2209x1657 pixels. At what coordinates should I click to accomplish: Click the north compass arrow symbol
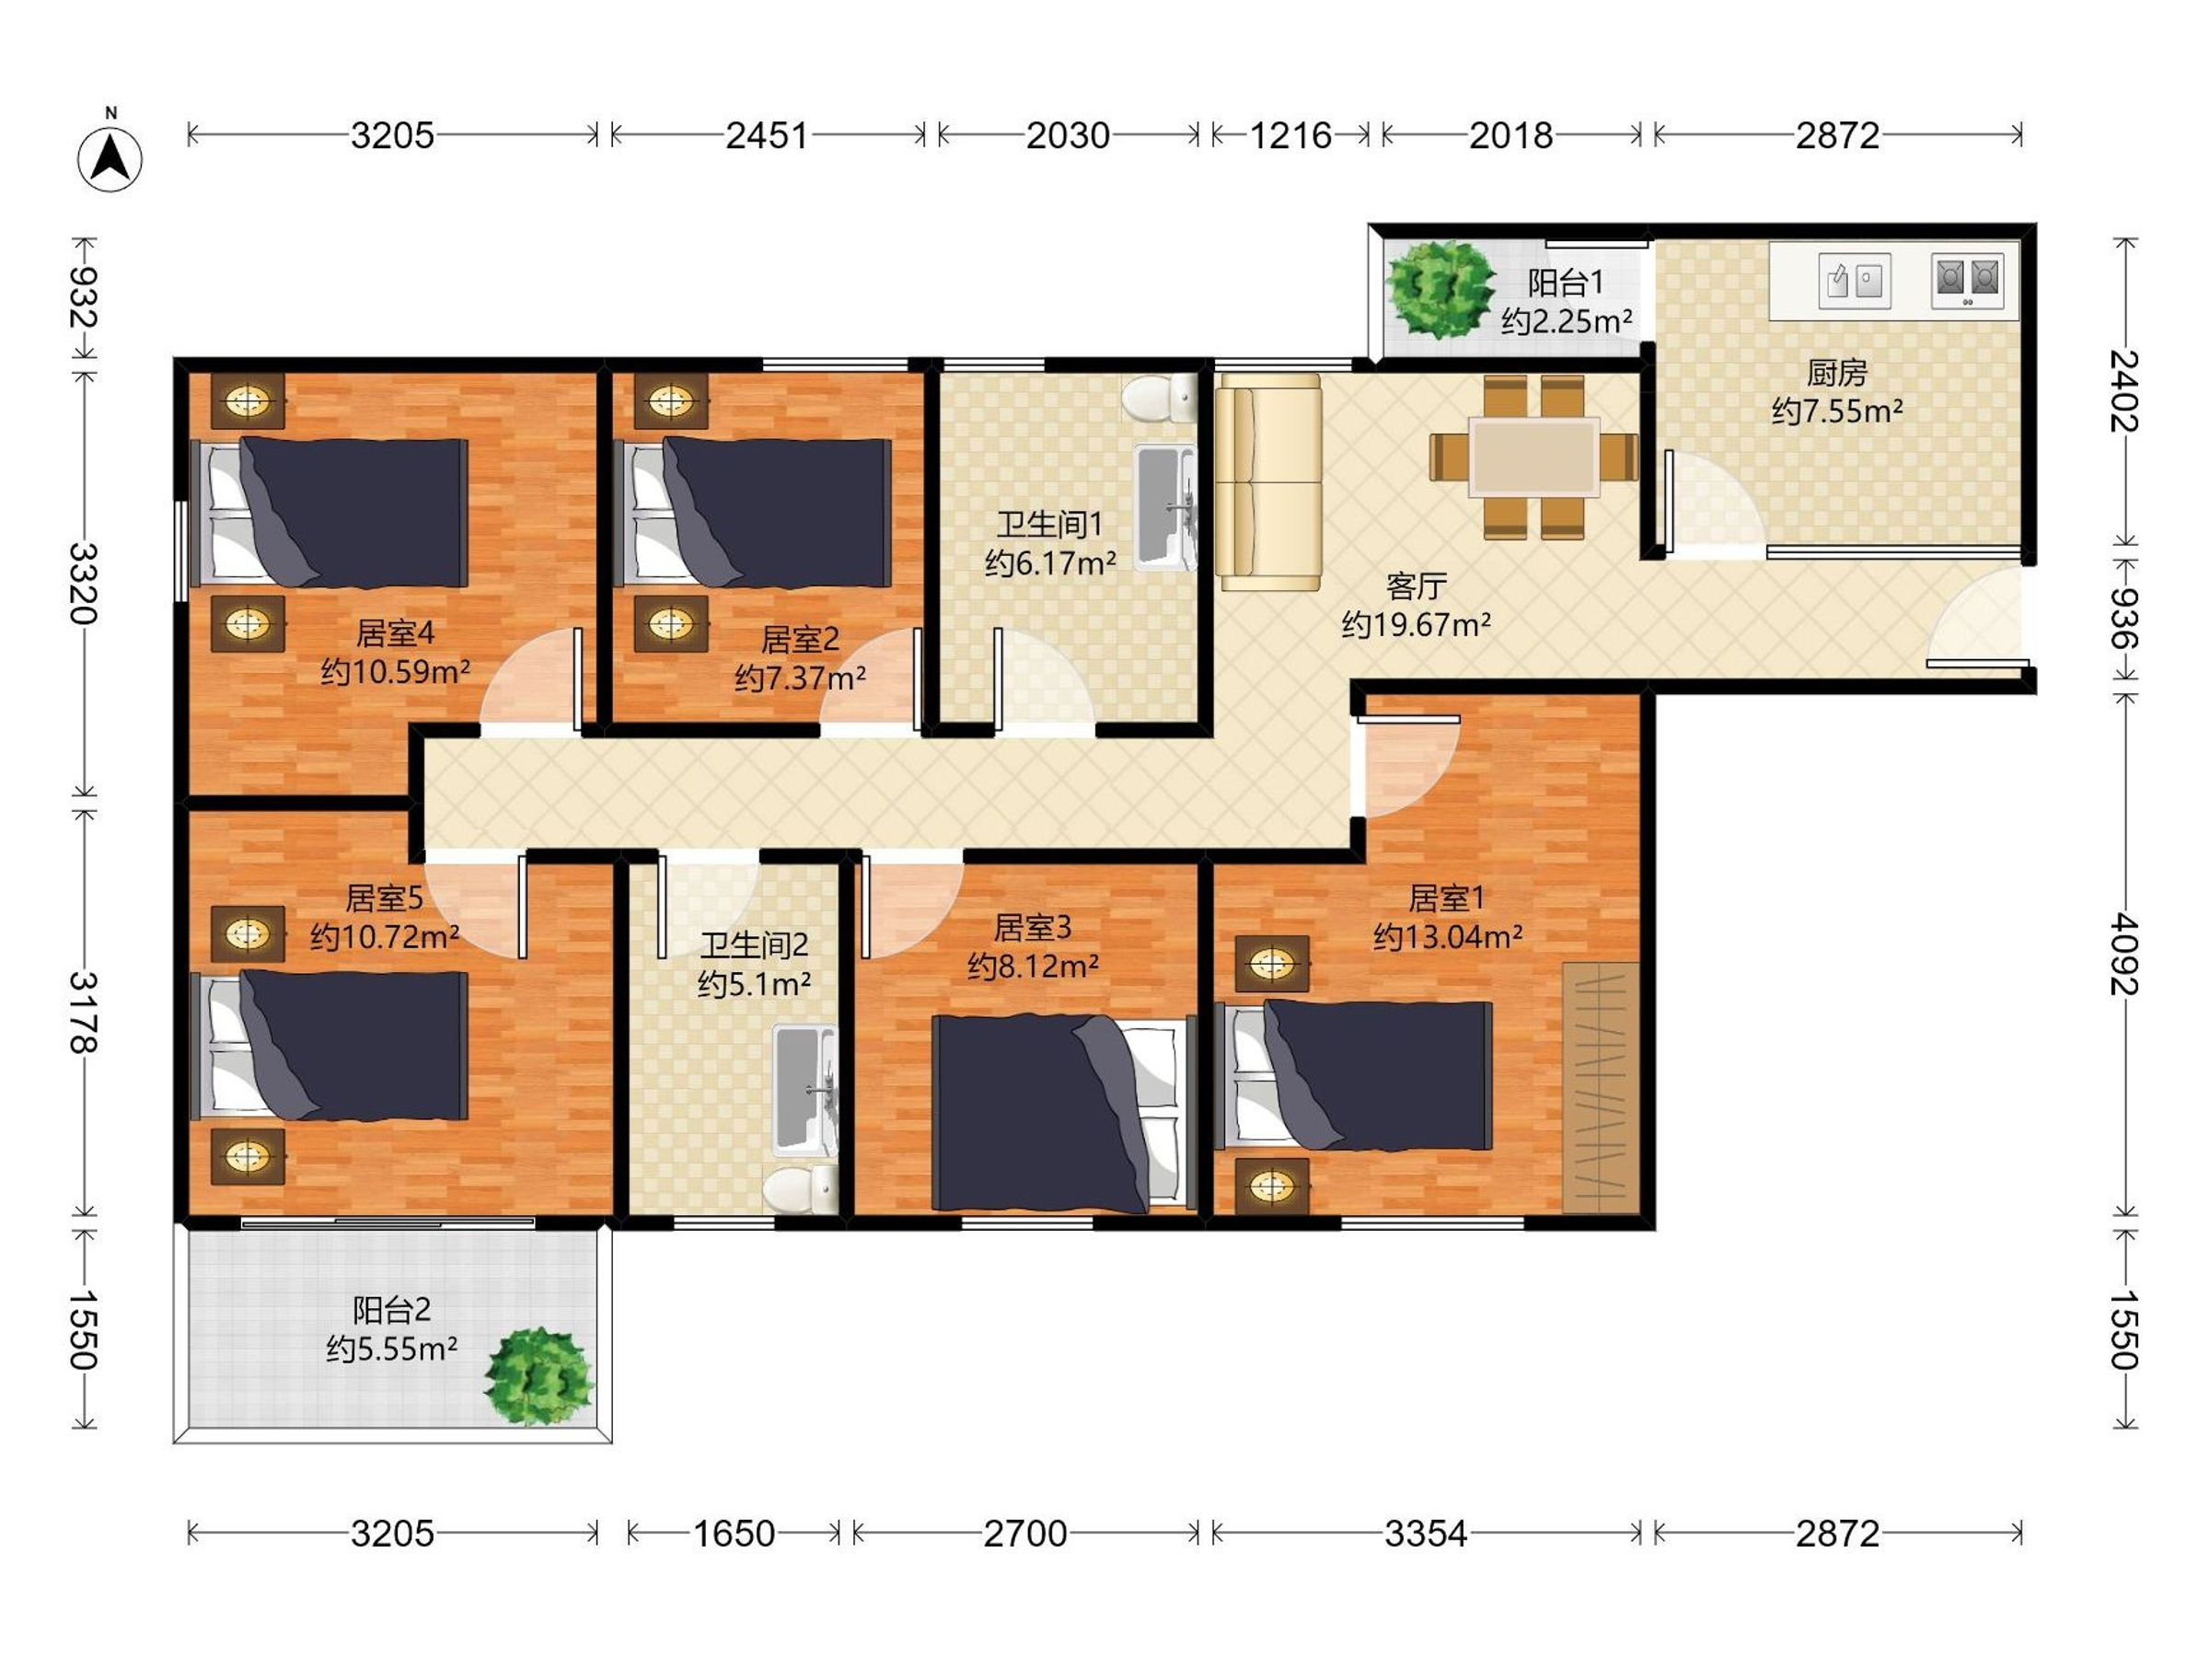point(110,157)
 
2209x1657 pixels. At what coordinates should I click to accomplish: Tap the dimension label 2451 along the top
point(766,134)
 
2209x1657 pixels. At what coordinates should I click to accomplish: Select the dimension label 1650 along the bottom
point(734,1533)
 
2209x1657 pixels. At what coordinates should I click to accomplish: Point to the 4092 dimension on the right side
point(2125,953)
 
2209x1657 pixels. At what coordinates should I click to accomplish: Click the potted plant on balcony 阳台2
point(539,1376)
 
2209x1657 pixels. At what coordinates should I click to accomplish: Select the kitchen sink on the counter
point(1855,281)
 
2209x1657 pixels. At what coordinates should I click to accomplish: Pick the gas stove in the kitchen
point(1967,281)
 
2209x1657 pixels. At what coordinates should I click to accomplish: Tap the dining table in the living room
point(1534,458)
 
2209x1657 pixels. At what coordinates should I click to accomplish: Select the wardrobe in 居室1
point(1601,1088)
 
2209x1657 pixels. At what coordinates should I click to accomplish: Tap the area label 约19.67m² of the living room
point(1417,625)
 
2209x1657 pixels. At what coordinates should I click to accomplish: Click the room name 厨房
point(1836,373)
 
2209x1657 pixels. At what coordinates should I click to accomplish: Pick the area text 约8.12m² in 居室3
point(1034,967)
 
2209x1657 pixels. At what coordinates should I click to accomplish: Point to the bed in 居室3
point(1065,1113)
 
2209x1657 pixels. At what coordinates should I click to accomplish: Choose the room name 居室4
point(396,633)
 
